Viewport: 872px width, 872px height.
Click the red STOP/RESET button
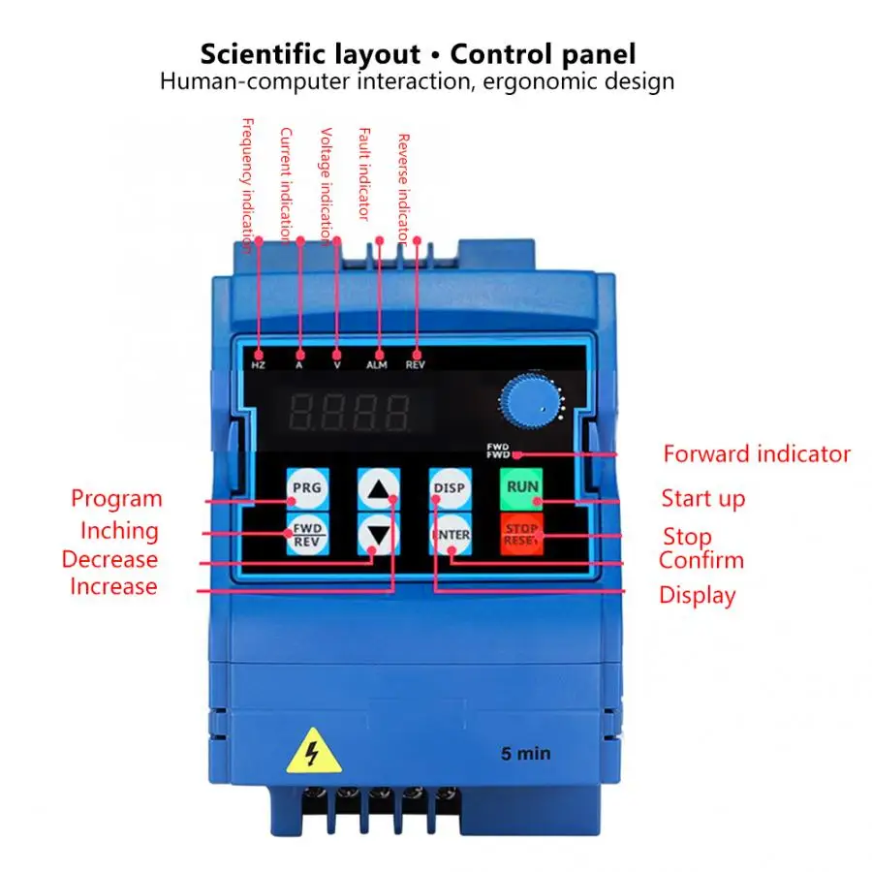tap(521, 534)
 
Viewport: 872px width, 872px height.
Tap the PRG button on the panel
tap(306, 487)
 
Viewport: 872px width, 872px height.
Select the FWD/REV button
tap(306, 534)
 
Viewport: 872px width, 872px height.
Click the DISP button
tap(450, 487)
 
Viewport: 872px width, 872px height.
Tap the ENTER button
tap(450, 534)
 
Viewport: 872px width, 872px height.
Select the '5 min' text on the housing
tap(525, 753)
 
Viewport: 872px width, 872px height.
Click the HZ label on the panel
tap(259, 365)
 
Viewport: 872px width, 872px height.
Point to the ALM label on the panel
tap(377, 365)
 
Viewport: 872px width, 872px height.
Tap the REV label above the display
tap(416, 365)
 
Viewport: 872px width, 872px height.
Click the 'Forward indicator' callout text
tap(757, 453)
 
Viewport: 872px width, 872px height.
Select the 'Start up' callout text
tap(703, 499)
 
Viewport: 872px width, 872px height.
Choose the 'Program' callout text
tap(116, 499)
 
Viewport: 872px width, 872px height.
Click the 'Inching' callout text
tap(119, 531)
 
